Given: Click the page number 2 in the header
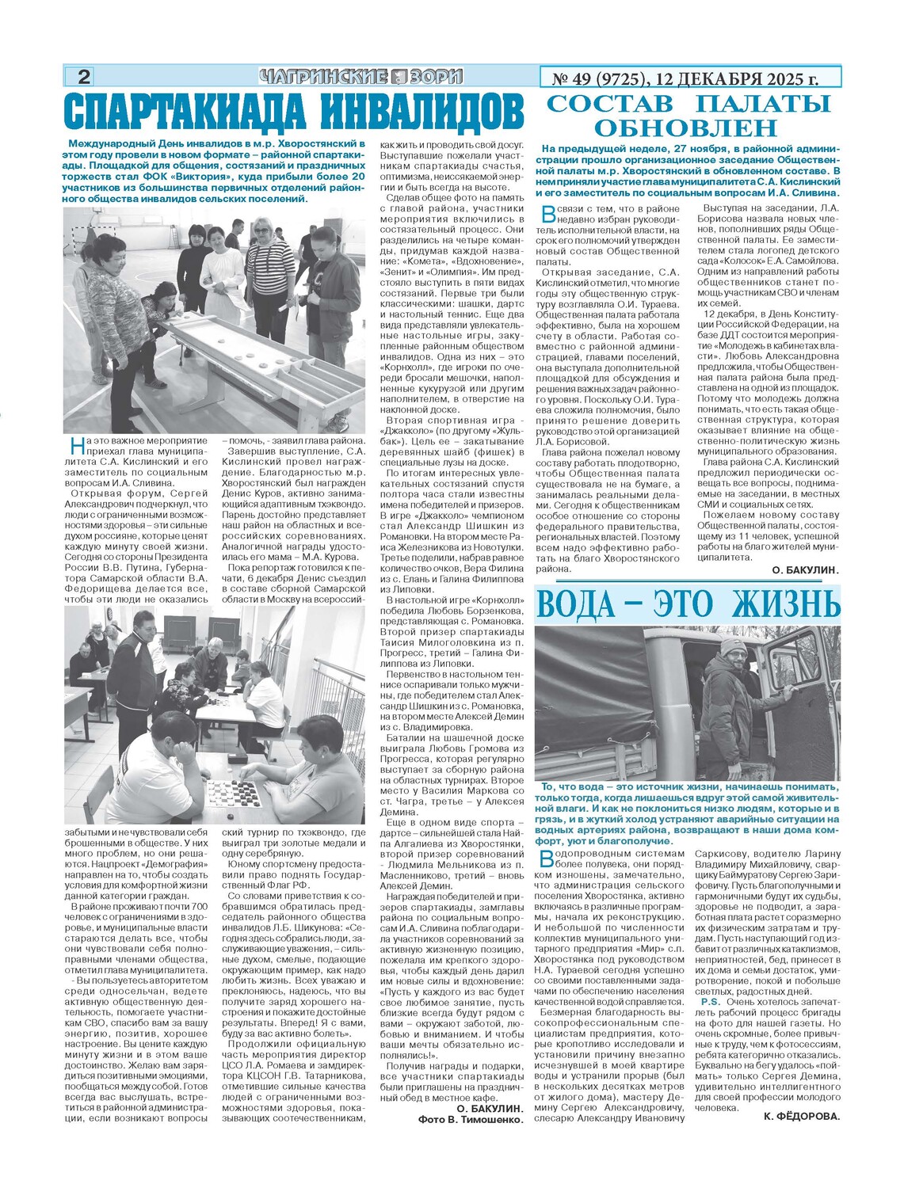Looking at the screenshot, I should [x=83, y=77].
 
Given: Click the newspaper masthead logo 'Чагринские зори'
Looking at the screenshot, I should [x=360, y=77].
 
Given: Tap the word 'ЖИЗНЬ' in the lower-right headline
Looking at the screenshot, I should [x=784, y=605].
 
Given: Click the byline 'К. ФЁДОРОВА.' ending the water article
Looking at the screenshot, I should [x=801, y=1116].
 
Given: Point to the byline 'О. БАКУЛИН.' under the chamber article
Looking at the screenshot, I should [x=803, y=570].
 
